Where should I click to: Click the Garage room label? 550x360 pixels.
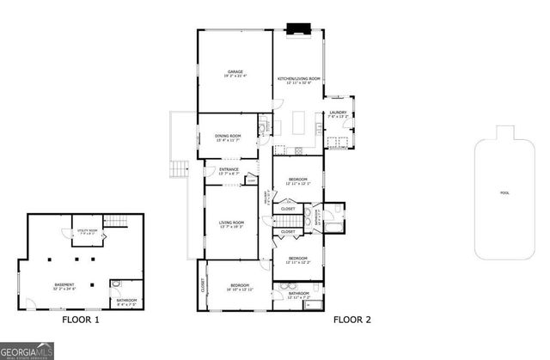[x=235, y=73]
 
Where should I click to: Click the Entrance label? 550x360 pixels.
[x=229, y=171]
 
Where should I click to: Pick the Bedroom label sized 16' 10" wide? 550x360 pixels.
[x=239, y=287]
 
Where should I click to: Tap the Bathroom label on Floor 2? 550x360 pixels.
[x=298, y=295]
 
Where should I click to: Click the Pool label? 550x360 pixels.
[x=504, y=192]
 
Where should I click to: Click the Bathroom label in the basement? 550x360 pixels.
[x=125, y=302]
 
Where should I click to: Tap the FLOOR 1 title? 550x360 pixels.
[x=81, y=320]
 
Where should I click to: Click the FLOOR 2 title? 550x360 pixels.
[x=352, y=320]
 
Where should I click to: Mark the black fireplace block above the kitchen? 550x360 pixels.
[x=298, y=28]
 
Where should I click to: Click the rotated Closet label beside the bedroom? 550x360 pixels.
[x=204, y=283]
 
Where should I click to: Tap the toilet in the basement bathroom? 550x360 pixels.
[x=118, y=284]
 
